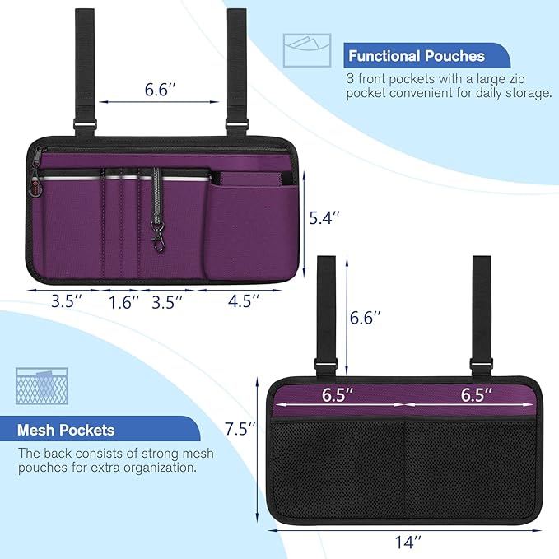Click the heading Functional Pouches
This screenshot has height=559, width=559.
(416, 56)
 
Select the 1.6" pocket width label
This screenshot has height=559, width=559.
(123, 301)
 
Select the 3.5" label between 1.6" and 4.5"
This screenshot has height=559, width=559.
(168, 301)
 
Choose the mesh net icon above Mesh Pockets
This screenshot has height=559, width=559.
(37, 386)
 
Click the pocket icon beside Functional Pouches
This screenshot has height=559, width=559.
(306, 49)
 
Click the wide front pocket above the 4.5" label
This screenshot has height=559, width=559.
(248, 231)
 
